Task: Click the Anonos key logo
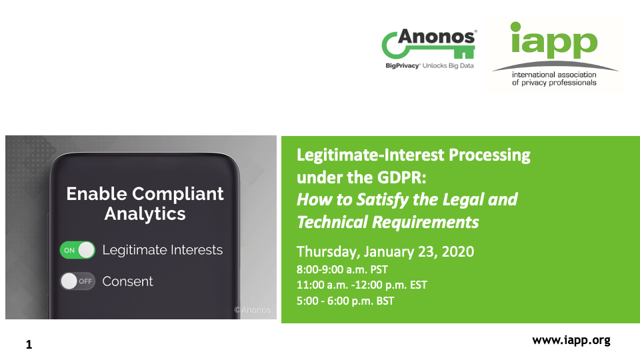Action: [429, 44]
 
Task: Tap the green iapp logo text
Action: [554, 40]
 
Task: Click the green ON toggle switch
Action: [77, 250]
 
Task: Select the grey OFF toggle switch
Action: [77, 281]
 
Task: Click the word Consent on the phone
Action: [127, 281]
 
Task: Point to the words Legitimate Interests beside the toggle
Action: [163, 250]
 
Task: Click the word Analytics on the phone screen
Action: [145, 214]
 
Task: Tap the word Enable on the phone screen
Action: [96, 194]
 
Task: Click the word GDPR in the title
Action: [401, 177]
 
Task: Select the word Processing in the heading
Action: [489, 155]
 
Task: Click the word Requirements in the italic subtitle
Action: [425, 223]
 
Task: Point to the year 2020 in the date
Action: [457, 251]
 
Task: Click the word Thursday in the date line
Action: [328, 252]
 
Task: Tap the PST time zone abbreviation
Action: [379, 270]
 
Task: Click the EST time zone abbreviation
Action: [419, 285]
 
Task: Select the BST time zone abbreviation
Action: [385, 301]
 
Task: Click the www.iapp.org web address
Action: [571, 341]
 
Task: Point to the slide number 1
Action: [29, 345]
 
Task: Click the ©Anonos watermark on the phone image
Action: [252, 310]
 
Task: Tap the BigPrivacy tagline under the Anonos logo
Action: [430, 66]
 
